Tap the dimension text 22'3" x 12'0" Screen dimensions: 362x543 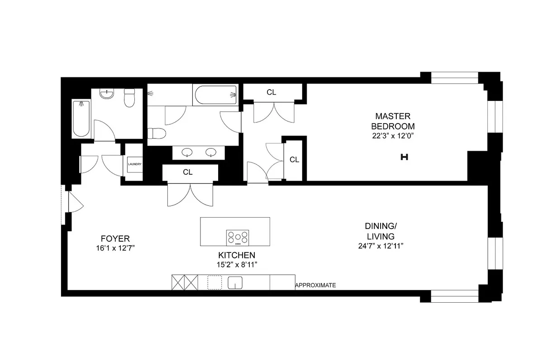pos(392,135)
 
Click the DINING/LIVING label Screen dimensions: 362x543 pos(380,231)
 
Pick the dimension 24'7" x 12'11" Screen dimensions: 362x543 pos(380,246)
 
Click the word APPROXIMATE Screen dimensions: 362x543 pos(315,285)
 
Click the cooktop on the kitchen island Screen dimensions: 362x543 pos(238,237)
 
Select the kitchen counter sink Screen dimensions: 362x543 pos(235,283)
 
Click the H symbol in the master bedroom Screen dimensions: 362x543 pos(405,157)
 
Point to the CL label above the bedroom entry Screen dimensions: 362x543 pos(271,92)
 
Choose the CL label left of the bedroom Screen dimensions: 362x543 pos(294,159)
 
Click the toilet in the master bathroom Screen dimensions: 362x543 pos(157,133)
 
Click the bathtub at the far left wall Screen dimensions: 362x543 pos(81,119)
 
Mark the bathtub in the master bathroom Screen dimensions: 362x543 pos(215,95)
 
